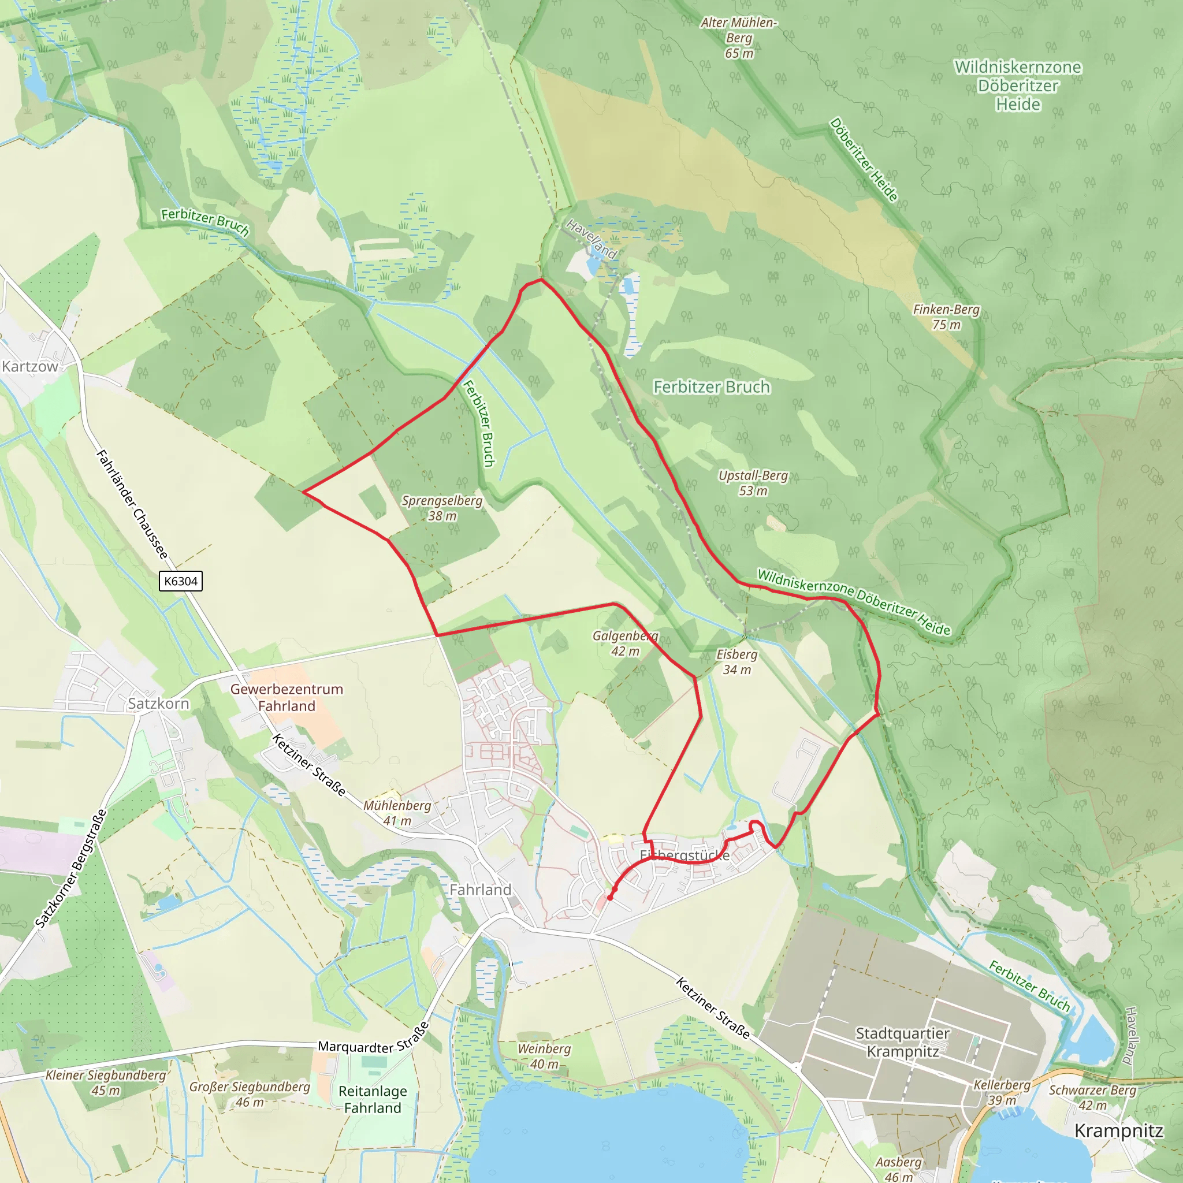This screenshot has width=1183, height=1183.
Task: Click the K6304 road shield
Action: click(x=181, y=581)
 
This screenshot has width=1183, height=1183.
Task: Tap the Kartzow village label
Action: click(x=29, y=366)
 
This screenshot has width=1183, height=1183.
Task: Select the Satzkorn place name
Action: click(x=158, y=704)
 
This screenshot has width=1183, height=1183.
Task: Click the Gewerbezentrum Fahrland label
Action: click(x=287, y=697)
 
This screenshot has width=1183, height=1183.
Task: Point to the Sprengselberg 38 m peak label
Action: click(x=441, y=508)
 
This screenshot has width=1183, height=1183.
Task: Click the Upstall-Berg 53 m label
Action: click(x=753, y=482)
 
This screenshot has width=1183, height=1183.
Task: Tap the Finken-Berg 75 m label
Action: click(x=946, y=317)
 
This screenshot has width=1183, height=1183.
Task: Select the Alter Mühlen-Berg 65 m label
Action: click(x=738, y=38)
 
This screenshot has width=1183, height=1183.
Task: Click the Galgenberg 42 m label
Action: click(x=624, y=643)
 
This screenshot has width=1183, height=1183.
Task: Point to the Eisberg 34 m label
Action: click(x=736, y=661)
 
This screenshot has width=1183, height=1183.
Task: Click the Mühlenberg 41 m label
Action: click(x=397, y=813)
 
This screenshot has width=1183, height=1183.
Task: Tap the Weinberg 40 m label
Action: click(x=544, y=1056)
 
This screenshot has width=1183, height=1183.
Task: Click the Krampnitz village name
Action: click(x=1118, y=1131)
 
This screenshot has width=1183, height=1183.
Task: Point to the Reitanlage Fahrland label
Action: click(x=373, y=1099)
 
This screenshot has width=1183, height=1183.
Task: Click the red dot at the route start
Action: click(x=610, y=898)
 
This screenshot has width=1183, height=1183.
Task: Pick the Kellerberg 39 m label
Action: click(x=1002, y=1092)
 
